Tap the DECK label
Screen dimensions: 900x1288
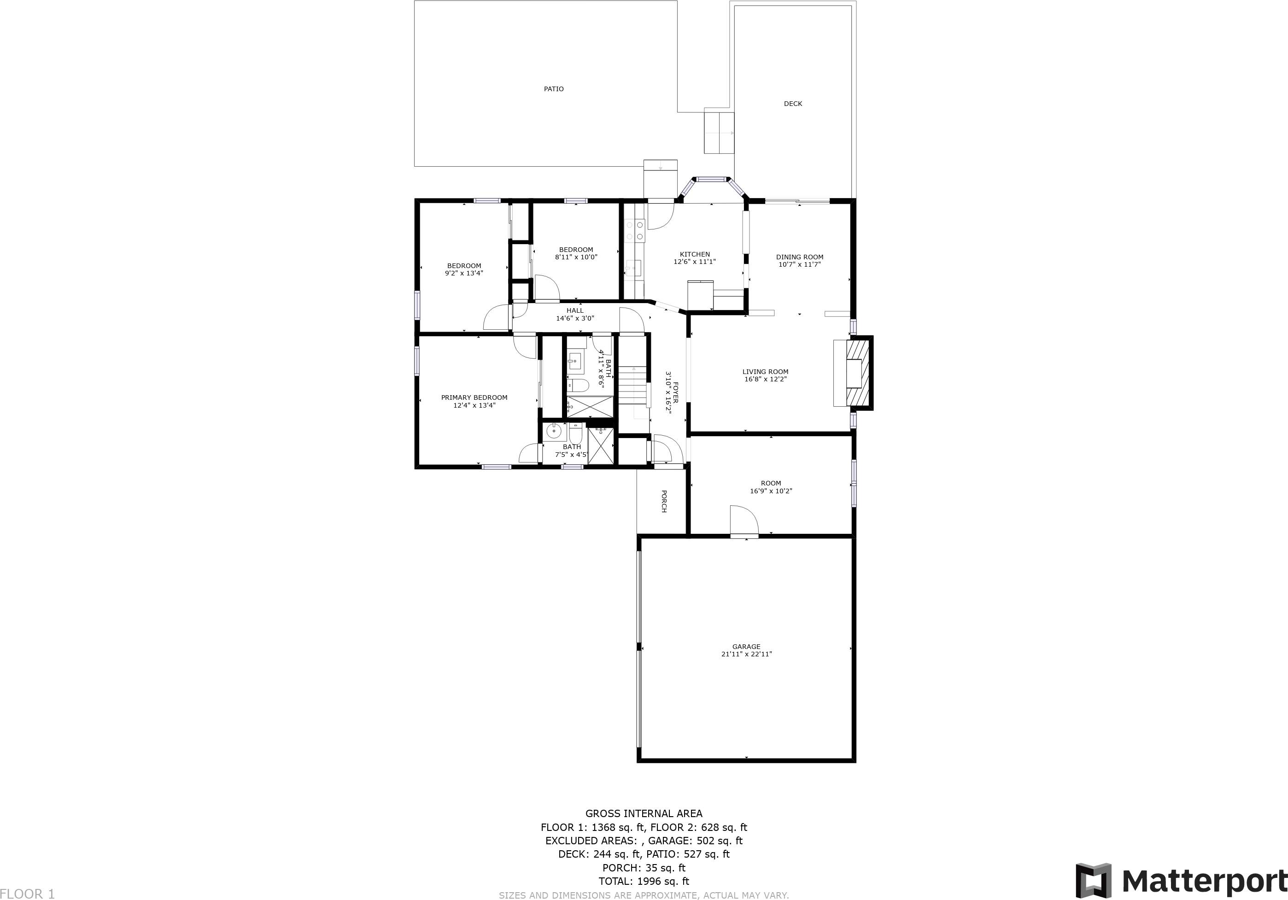click(793, 104)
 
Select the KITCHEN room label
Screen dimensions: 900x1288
click(695, 255)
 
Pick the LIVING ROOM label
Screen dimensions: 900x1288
click(765, 372)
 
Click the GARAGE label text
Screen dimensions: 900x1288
click(746, 647)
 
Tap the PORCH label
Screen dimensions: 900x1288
click(664, 501)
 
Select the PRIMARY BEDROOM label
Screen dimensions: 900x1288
click(474, 397)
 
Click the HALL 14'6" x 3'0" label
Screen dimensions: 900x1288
click(575, 315)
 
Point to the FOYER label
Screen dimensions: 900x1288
click(675, 392)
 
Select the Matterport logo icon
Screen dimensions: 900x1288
click(1093, 880)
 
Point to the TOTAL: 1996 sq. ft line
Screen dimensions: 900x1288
click(644, 882)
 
